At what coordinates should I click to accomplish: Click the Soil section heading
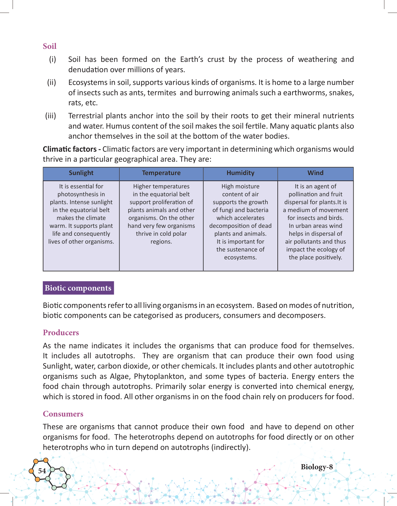[x=49, y=46]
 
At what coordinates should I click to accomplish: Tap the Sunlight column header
[x=81, y=173]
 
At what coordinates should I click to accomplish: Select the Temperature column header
[x=161, y=173]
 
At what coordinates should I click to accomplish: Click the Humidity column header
[x=240, y=173]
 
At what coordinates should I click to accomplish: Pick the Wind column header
[x=315, y=173]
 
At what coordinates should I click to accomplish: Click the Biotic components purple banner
[x=78, y=288]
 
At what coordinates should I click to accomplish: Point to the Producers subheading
[x=61, y=332]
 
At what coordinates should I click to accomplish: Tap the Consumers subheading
[x=63, y=414]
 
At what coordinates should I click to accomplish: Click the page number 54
[x=42, y=471]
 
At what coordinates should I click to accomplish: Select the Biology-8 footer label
[x=317, y=467]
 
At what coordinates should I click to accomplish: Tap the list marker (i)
[x=53, y=59]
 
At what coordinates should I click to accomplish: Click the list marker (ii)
[x=52, y=83]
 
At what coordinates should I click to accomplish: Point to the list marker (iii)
[x=51, y=116]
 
